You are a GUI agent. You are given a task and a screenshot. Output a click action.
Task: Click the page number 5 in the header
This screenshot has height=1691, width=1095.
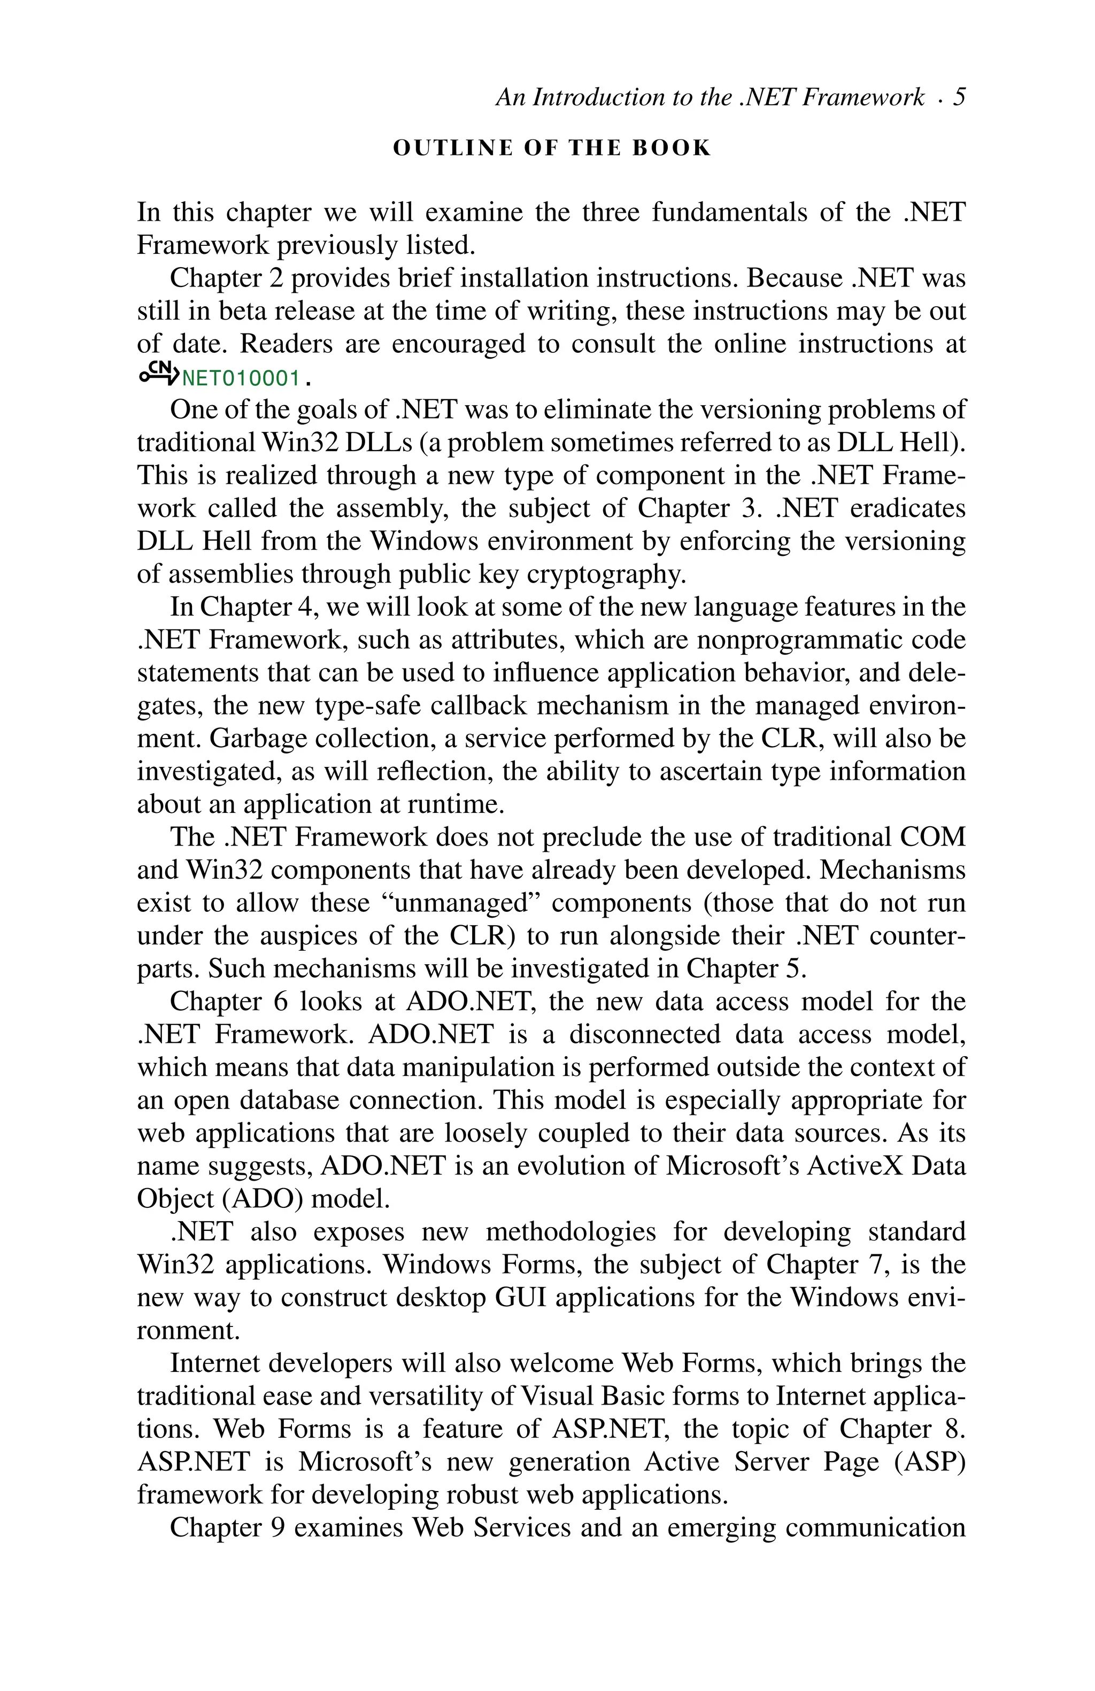point(959,97)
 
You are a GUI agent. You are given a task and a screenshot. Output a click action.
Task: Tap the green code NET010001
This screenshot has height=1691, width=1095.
point(241,378)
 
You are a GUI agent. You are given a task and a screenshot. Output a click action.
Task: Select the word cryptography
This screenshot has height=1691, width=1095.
point(606,574)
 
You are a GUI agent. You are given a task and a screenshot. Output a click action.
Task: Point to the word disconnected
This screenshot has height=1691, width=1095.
point(644,1035)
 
